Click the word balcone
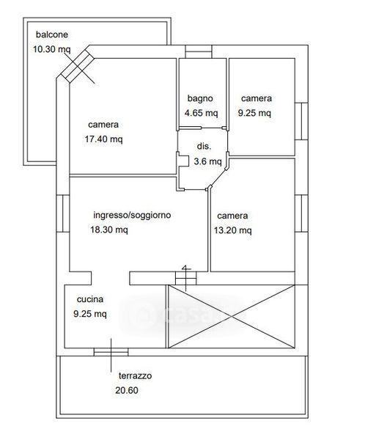(52, 34)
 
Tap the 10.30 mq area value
(52, 49)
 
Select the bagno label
(200, 98)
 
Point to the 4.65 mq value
(201, 113)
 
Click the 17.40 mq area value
(104, 139)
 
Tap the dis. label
(204, 146)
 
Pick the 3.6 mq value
(207, 161)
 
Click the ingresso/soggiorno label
(132, 215)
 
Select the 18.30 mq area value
(109, 230)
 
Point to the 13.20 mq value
(233, 230)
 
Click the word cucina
(90, 299)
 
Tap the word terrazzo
(136, 375)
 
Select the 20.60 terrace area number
(127, 390)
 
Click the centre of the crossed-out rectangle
(232, 317)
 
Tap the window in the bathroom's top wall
(199, 51)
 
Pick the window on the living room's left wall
(63, 213)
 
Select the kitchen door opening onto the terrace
(111, 352)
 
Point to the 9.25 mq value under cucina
(90, 314)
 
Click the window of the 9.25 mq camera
(301, 121)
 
